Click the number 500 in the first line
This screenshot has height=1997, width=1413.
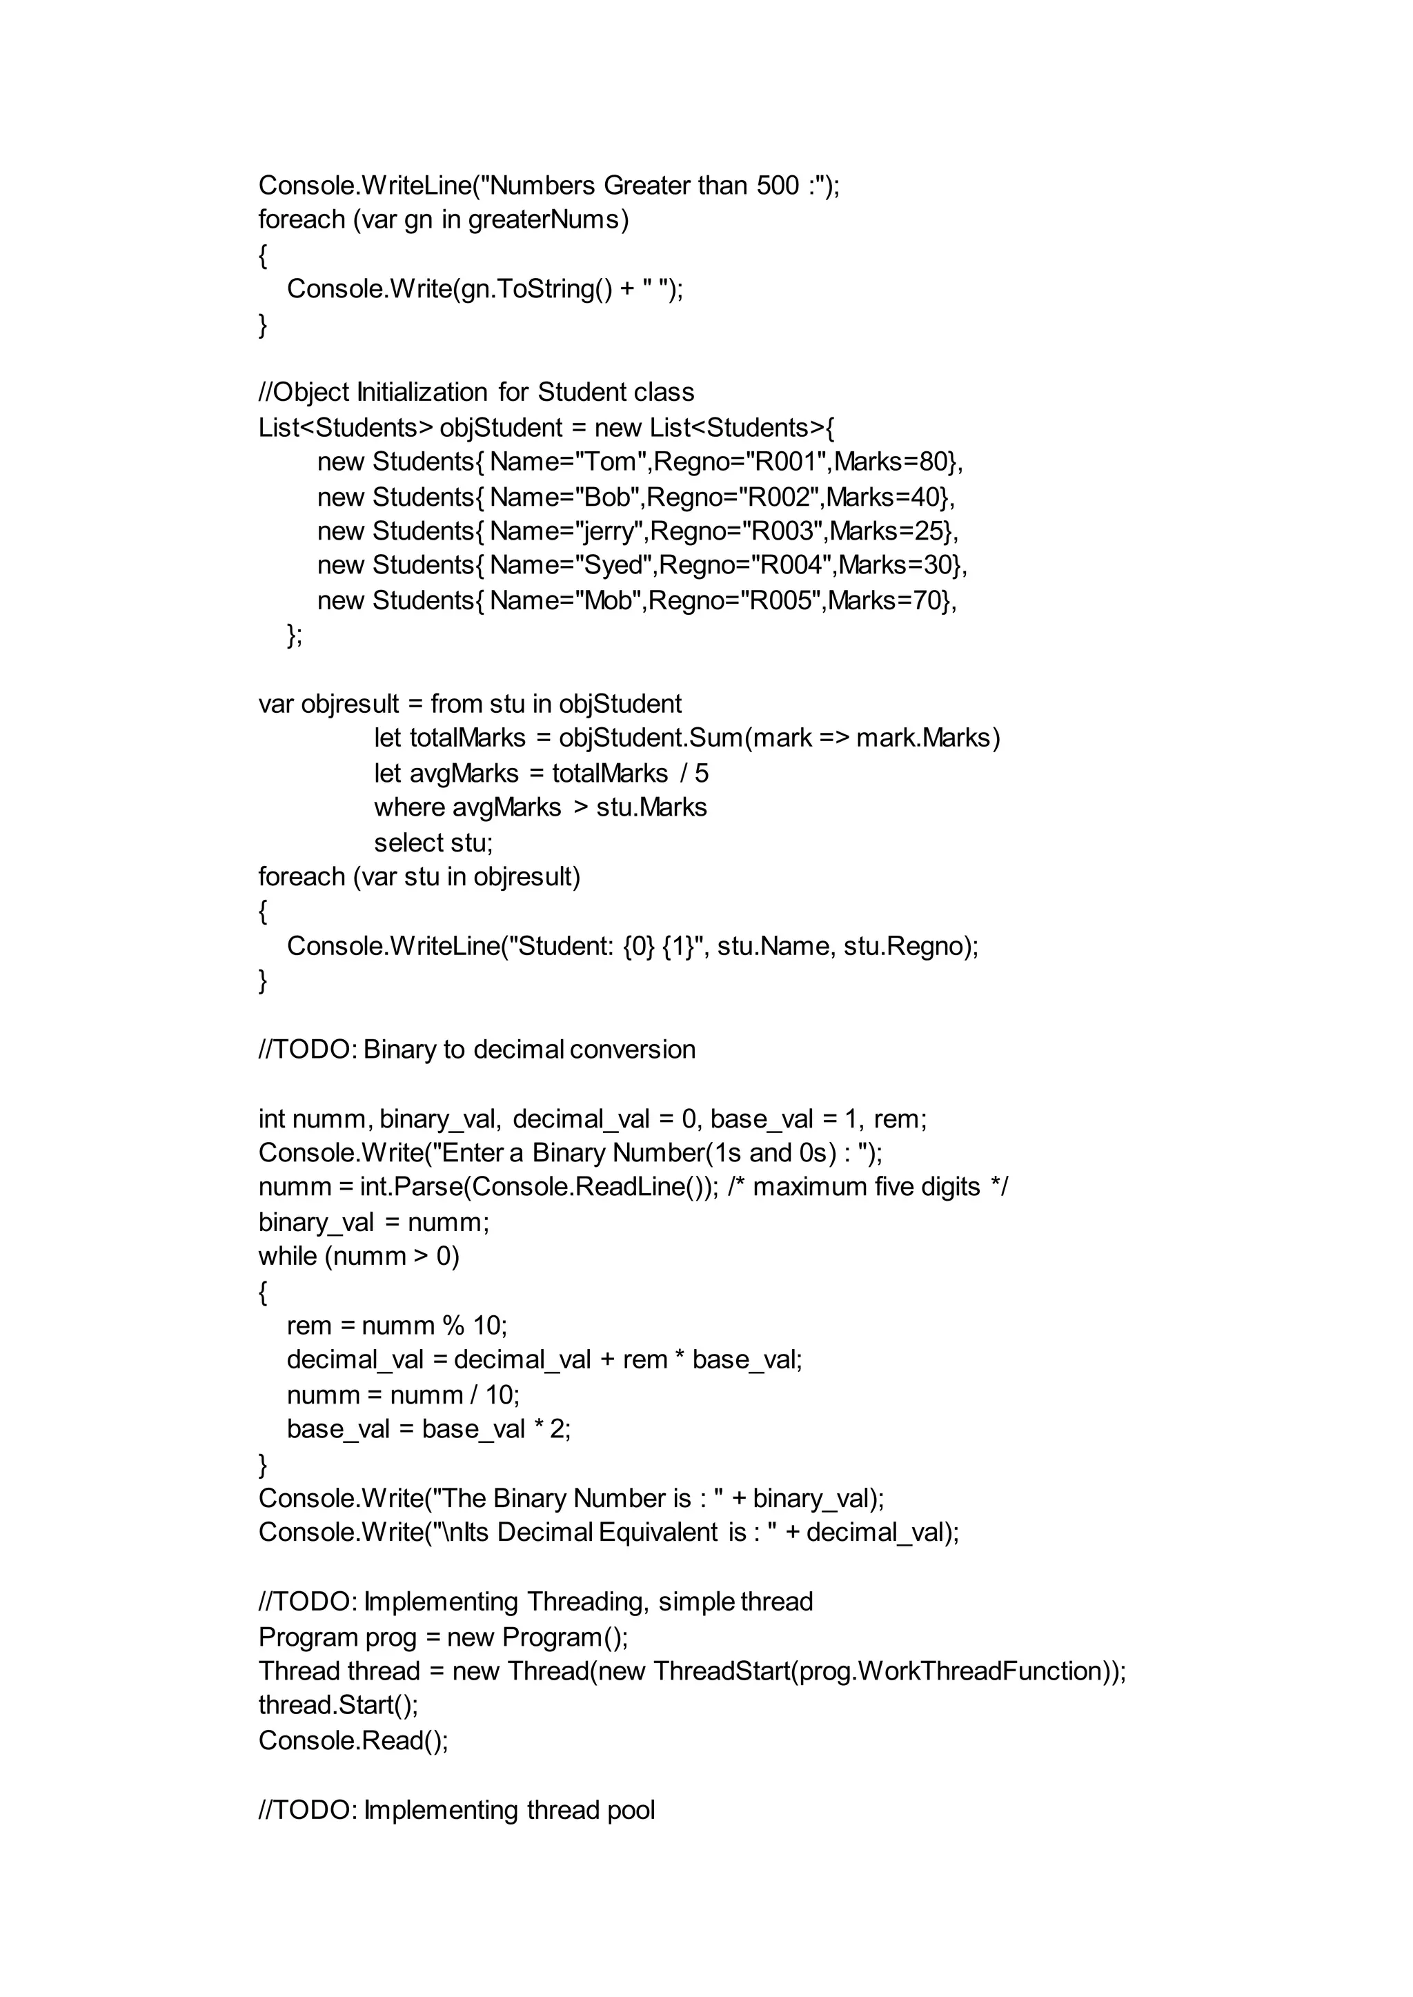(x=778, y=186)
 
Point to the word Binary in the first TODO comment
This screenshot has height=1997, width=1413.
(x=399, y=1050)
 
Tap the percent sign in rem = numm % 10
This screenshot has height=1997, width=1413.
(x=453, y=1326)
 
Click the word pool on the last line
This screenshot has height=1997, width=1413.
(x=630, y=1810)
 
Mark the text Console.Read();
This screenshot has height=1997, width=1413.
(x=353, y=1740)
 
